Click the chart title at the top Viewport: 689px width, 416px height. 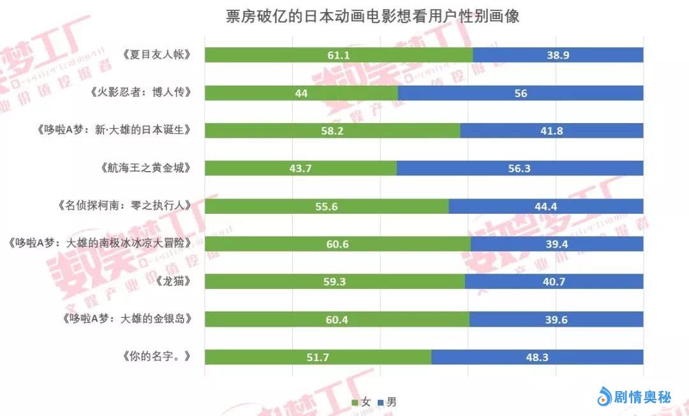(373, 16)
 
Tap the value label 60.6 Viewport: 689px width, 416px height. (337, 244)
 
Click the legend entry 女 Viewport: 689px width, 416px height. (361, 402)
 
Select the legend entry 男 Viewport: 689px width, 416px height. (387, 402)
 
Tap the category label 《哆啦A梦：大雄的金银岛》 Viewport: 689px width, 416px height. (128, 319)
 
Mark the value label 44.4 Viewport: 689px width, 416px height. (546, 206)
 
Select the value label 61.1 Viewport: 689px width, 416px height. (338, 55)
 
